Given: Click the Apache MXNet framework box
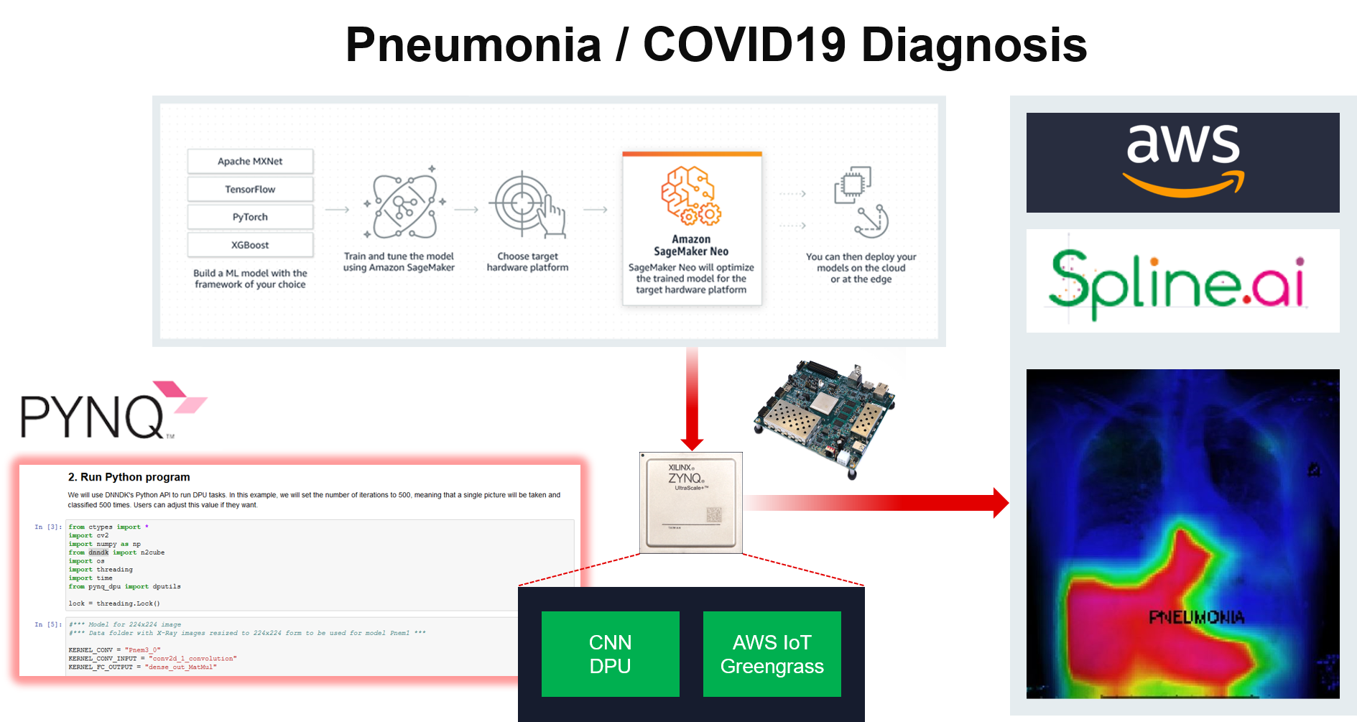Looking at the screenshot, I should point(250,161).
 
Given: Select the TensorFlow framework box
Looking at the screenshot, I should point(250,189).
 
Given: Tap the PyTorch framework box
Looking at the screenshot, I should point(250,217).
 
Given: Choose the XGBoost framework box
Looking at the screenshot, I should point(250,245).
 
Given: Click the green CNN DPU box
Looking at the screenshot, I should point(610,654).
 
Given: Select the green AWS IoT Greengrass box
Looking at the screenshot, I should point(772,654).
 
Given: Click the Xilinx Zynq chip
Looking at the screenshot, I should point(690,503).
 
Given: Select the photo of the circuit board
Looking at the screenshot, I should point(826,417).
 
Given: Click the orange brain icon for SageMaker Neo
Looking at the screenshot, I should point(690,195).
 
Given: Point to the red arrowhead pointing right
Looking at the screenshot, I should point(1000,503).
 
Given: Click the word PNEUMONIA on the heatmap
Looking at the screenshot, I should point(1196,617).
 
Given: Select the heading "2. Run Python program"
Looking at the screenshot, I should point(129,477).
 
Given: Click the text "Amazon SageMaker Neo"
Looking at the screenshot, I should point(691,245).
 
